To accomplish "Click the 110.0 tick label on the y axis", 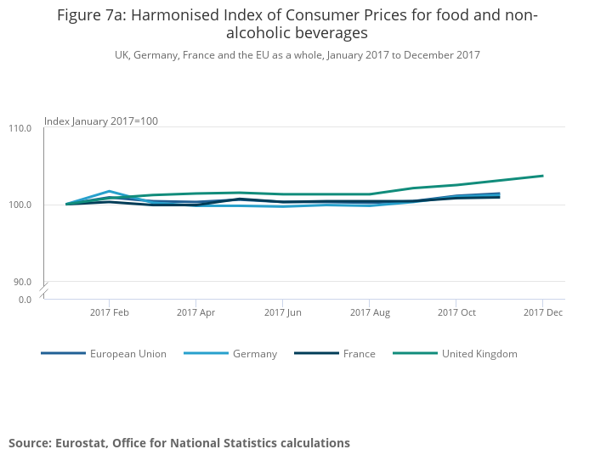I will (20, 128).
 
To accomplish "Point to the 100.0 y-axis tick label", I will (20, 205).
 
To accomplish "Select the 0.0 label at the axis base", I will (24, 299).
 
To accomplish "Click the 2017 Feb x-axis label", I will (110, 312).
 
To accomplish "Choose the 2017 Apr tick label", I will (196, 312).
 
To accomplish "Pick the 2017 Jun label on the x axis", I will (283, 312).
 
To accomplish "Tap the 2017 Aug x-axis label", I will (370, 312).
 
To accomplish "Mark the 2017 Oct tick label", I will (456, 312).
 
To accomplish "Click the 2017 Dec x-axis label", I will (543, 312).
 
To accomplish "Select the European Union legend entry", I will (127, 354).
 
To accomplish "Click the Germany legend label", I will (254, 354).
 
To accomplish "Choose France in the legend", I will (359, 354).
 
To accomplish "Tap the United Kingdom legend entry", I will (479, 354).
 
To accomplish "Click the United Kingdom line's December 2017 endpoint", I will (542, 176).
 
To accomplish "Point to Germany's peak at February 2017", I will (110, 191).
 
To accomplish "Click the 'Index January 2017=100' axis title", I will (101, 121).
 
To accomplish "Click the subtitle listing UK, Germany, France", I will (297, 55).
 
